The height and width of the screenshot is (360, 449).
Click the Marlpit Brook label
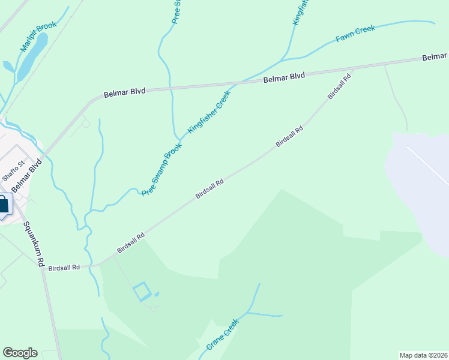pos(38,37)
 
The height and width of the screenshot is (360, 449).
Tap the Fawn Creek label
pos(355,34)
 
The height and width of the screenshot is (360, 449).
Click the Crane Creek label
pos(222,334)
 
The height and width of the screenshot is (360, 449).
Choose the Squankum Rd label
pos(34,244)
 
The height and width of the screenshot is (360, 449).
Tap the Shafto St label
pos(13,170)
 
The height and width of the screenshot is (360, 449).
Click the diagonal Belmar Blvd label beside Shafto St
pos(28,176)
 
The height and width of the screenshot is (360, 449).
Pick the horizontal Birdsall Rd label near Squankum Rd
pos(64,267)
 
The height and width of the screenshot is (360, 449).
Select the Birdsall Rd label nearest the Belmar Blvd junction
pos(339,88)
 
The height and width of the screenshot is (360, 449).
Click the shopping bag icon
pos(3,204)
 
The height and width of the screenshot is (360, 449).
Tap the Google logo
pos(20,353)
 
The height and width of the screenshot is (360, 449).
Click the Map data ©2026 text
pos(423,355)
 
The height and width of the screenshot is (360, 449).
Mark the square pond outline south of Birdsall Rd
pos(142,292)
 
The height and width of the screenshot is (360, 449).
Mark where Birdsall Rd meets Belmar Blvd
pos(354,68)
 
